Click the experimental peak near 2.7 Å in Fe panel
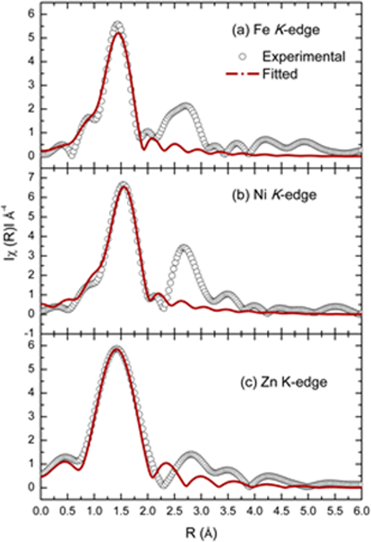(x=186, y=106)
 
